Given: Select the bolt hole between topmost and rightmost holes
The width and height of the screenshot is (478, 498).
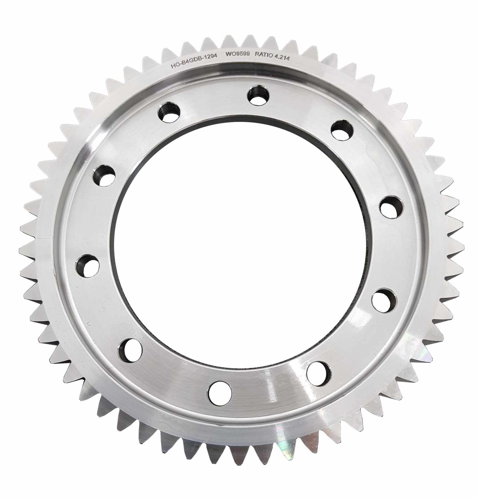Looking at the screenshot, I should [x=342, y=130].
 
